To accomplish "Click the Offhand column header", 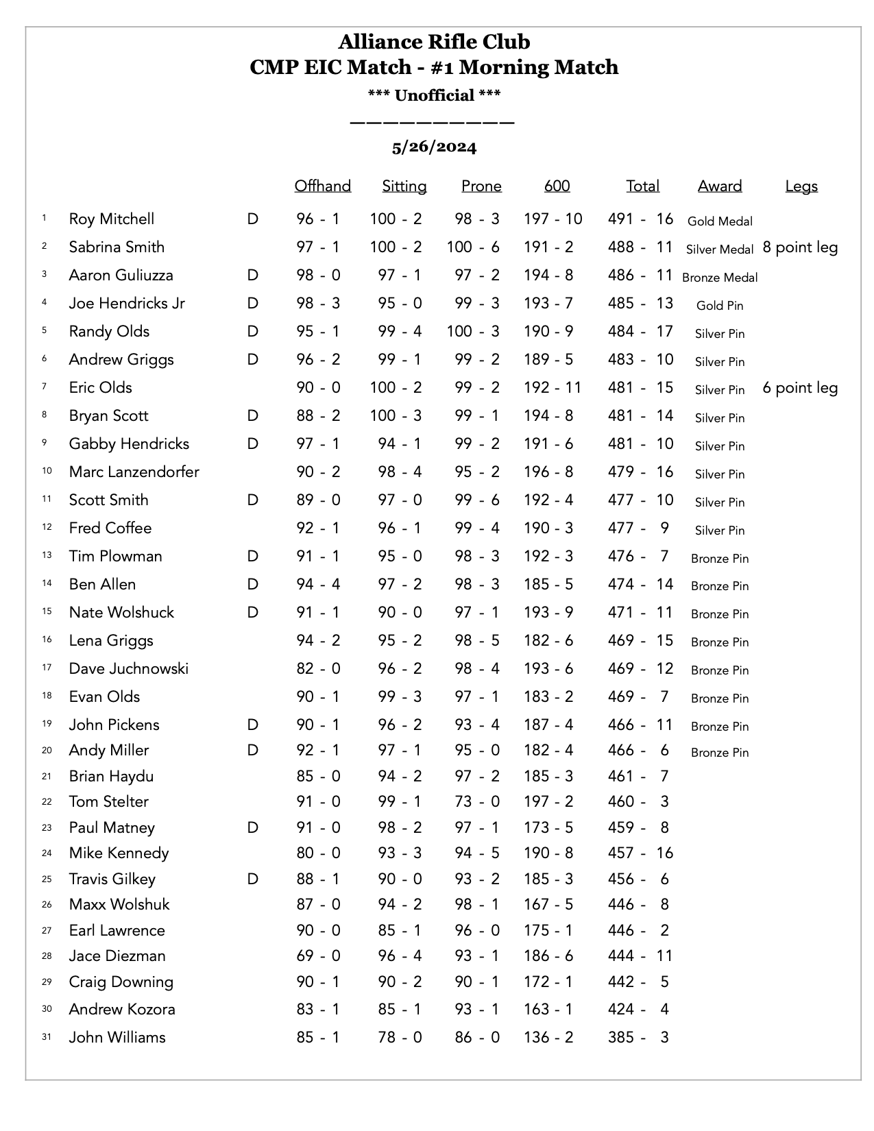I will [322, 186].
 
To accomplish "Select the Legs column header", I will [801, 186].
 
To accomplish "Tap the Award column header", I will [719, 186].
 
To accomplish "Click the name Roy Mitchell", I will [111, 219].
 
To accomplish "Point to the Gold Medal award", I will [719, 221].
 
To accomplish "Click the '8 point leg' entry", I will [799, 247].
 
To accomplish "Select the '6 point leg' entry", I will [799, 387].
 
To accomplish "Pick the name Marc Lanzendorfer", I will [134, 472].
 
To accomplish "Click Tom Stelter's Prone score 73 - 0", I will [476, 801].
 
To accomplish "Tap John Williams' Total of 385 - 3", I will [638, 1037].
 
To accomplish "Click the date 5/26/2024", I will [434, 147].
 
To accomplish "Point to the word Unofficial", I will [434, 95].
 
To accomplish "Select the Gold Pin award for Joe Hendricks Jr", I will [719, 306].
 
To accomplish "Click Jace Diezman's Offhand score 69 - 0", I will [318, 956].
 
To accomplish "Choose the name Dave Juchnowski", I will [128, 668].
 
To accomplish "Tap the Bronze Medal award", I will [719, 278].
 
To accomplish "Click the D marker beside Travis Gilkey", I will [252, 879].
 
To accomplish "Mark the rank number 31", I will [47, 1037].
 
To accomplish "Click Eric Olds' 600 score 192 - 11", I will [552, 387].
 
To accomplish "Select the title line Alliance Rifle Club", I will [434, 42].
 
